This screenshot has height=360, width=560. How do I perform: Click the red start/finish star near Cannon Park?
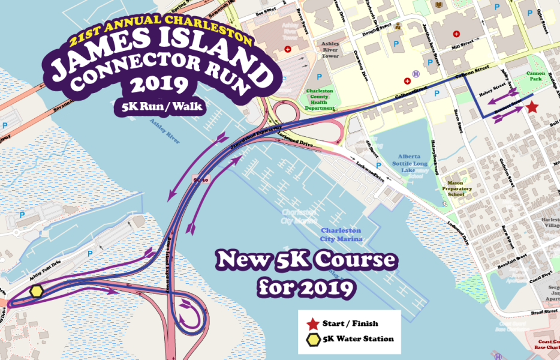click(x=532, y=107)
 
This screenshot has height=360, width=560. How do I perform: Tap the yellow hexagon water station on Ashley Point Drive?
click(x=37, y=291)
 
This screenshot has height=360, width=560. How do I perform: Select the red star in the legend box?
click(x=312, y=324)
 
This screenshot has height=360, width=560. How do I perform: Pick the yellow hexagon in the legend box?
click(x=312, y=339)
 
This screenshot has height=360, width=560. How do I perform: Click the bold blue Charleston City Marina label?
click(x=341, y=235)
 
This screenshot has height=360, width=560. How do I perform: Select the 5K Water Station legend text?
click(x=358, y=339)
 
